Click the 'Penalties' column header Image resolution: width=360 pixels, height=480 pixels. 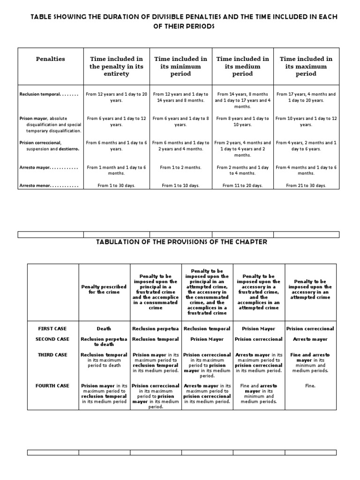pyautogui.click(x=51, y=59)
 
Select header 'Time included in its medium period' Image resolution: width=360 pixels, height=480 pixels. pyautogui.click(x=242, y=66)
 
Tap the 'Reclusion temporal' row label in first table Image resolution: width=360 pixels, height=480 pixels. pyautogui.click(x=40, y=94)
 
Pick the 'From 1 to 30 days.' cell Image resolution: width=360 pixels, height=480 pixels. pyautogui.click(x=116, y=186)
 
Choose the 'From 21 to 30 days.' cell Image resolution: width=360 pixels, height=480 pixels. pyautogui.click(x=306, y=186)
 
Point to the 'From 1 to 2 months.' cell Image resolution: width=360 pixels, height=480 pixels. pyautogui.click(x=180, y=167)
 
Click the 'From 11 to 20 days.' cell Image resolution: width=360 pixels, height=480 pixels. pyautogui.click(x=242, y=186)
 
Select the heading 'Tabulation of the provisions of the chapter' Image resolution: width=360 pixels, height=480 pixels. pyautogui.click(x=181, y=242)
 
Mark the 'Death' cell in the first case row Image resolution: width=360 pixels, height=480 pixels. pyautogui.click(x=104, y=329)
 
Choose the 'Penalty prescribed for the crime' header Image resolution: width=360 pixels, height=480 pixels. pyautogui.click(x=104, y=289)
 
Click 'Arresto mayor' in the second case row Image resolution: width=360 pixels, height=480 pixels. pyautogui.click(x=310, y=339)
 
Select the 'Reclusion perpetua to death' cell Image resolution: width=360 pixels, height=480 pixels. pyautogui.click(x=104, y=342)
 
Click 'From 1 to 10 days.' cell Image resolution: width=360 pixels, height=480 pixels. pyautogui.click(x=180, y=186)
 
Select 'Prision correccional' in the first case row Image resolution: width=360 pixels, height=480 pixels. pyautogui.click(x=310, y=329)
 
